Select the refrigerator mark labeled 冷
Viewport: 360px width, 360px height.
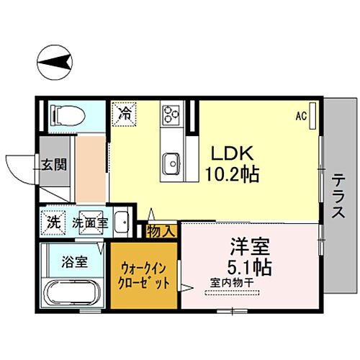click(125, 112)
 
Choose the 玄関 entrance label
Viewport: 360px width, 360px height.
click(53, 164)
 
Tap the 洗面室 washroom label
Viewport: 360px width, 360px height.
click(89, 223)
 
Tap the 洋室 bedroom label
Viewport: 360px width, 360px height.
click(248, 246)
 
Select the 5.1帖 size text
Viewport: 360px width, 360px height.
click(248, 267)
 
